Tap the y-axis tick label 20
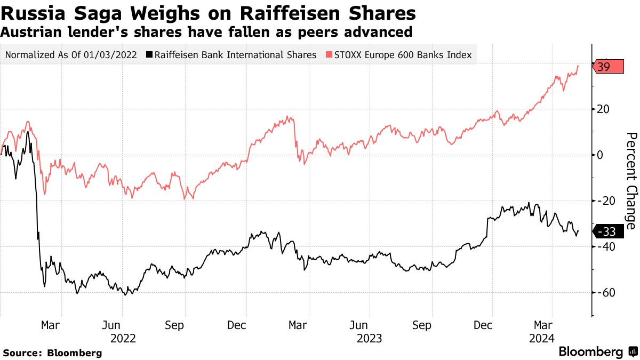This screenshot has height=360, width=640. click(604, 109)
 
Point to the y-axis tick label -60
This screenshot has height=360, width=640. click(606, 293)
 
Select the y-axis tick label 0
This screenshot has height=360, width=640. click(601, 155)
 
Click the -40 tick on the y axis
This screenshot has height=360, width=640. click(606, 247)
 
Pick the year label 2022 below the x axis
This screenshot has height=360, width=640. click(123, 338)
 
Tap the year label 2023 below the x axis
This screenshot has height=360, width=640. click(369, 338)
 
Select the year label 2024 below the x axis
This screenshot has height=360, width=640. click(541, 338)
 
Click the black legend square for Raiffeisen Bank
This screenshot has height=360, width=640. click(150, 55)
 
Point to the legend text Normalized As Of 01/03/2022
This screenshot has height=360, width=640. click(70, 55)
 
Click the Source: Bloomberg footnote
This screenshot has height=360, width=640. click(52, 353)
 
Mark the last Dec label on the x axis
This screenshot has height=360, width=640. click(483, 325)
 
